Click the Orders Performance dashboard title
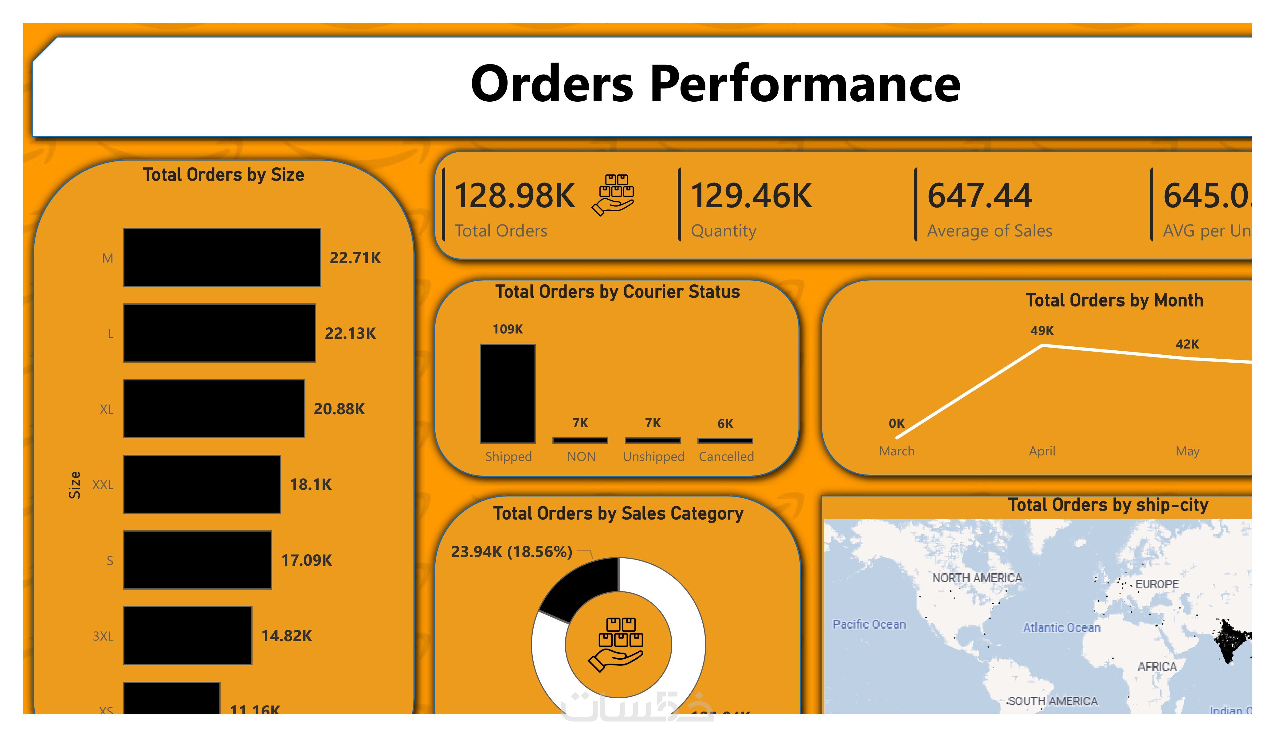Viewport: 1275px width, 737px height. point(715,84)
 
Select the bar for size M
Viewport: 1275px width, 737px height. point(222,257)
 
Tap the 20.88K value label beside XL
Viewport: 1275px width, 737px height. point(339,409)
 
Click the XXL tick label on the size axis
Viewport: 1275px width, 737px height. point(103,485)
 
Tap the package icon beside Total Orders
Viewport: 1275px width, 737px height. point(613,195)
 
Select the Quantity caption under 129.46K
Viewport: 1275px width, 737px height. point(724,231)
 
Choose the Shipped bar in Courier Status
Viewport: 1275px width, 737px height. point(508,394)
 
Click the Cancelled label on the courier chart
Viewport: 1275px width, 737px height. point(726,456)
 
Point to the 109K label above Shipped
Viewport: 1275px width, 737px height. point(508,329)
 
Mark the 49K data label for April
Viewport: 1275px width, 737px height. point(1042,331)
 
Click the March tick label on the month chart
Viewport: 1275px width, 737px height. point(896,451)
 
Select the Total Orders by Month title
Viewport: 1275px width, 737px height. point(1114,300)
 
